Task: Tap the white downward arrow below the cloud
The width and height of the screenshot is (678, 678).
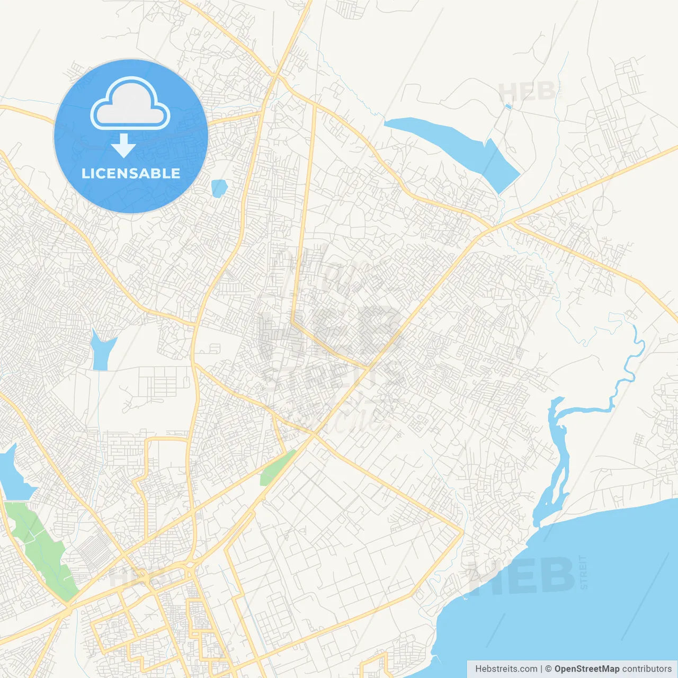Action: [x=123, y=146]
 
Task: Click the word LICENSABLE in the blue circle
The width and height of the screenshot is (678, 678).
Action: [x=131, y=173]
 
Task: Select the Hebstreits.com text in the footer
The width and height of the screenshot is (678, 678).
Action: [x=506, y=669]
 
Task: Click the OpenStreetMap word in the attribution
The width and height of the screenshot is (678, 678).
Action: [x=586, y=669]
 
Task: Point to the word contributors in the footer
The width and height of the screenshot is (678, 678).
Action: [x=647, y=669]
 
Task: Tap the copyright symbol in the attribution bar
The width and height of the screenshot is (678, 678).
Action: [x=548, y=669]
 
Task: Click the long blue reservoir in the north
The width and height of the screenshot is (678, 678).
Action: [x=456, y=146]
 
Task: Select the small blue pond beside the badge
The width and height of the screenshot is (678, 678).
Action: [x=219, y=188]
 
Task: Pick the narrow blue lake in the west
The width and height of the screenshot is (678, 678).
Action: [x=102, y=350]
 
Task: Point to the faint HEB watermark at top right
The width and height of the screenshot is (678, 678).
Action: [x=527, y=92]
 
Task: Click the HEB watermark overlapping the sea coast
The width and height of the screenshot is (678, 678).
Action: [x=522, y=575]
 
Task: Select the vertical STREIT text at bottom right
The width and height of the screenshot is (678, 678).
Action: [x=584, y=572]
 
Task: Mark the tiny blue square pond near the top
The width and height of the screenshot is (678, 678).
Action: [x=508, y=106]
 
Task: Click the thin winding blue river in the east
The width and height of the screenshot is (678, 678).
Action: [x=630, y=365]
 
